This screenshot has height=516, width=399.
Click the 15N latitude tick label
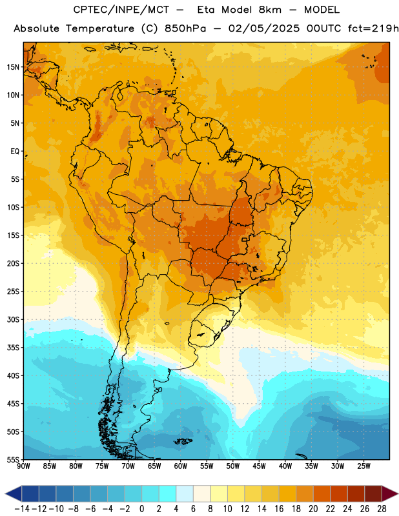[13, 67]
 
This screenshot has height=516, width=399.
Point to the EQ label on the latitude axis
[15, 152]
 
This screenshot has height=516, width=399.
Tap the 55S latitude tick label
[13, 459]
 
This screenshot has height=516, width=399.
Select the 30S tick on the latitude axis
[13, 319]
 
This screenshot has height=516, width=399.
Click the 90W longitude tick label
[24, 466]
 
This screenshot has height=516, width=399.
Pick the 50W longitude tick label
[233, 466]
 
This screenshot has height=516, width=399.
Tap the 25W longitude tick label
[363, 466]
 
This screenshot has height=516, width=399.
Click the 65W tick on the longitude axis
[154, 466]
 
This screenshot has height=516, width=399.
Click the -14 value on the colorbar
[22, 509]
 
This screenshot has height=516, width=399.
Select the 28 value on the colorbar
[382, 509]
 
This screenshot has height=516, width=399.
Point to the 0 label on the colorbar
[141, 509]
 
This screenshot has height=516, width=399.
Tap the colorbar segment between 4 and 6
[185, 493]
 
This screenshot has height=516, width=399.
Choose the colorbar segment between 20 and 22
[322, 493]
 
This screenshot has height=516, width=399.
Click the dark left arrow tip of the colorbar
[6, 493]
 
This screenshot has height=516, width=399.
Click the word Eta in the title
[205, 10]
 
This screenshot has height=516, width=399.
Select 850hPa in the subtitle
[185, 28]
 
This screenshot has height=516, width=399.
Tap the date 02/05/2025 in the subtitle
[264, 28]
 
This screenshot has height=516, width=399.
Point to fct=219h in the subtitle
[373, 28]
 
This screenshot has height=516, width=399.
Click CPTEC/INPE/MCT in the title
[121, 10]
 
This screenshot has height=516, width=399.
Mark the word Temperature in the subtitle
[100, 29]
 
